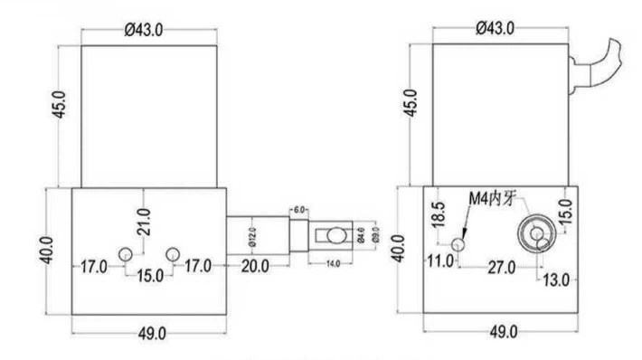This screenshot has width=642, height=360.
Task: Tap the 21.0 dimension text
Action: pos(144,217)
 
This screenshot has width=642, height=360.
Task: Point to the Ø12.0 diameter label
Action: pos(253,236)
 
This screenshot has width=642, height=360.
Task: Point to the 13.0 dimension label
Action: pos(554,279)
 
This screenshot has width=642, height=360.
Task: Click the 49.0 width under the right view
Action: pos(501,332)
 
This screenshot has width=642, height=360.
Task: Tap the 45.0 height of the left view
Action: pos(60,107)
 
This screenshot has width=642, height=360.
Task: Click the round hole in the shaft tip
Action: pos(335,235)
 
